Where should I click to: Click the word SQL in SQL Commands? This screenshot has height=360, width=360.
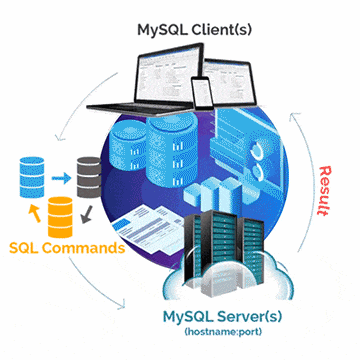(x=27, y=247)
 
